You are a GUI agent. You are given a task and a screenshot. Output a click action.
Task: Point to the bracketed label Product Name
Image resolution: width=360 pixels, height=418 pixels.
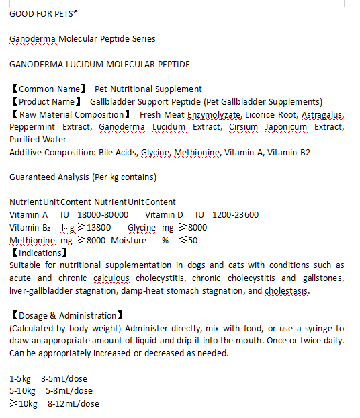point(48,101)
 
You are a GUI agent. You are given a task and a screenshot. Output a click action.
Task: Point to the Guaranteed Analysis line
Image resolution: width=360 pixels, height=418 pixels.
point(83,177)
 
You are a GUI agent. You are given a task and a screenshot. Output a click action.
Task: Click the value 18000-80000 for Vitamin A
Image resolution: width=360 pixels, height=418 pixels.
point(103,215)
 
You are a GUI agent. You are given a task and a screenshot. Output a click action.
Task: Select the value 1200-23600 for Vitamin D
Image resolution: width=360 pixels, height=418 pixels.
point(236,215)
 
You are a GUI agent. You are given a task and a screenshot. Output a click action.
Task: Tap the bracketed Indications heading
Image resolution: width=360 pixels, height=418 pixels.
point(39,253)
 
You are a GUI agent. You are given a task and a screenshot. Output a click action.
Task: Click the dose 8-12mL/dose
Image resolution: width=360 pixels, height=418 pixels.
point(73,404)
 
